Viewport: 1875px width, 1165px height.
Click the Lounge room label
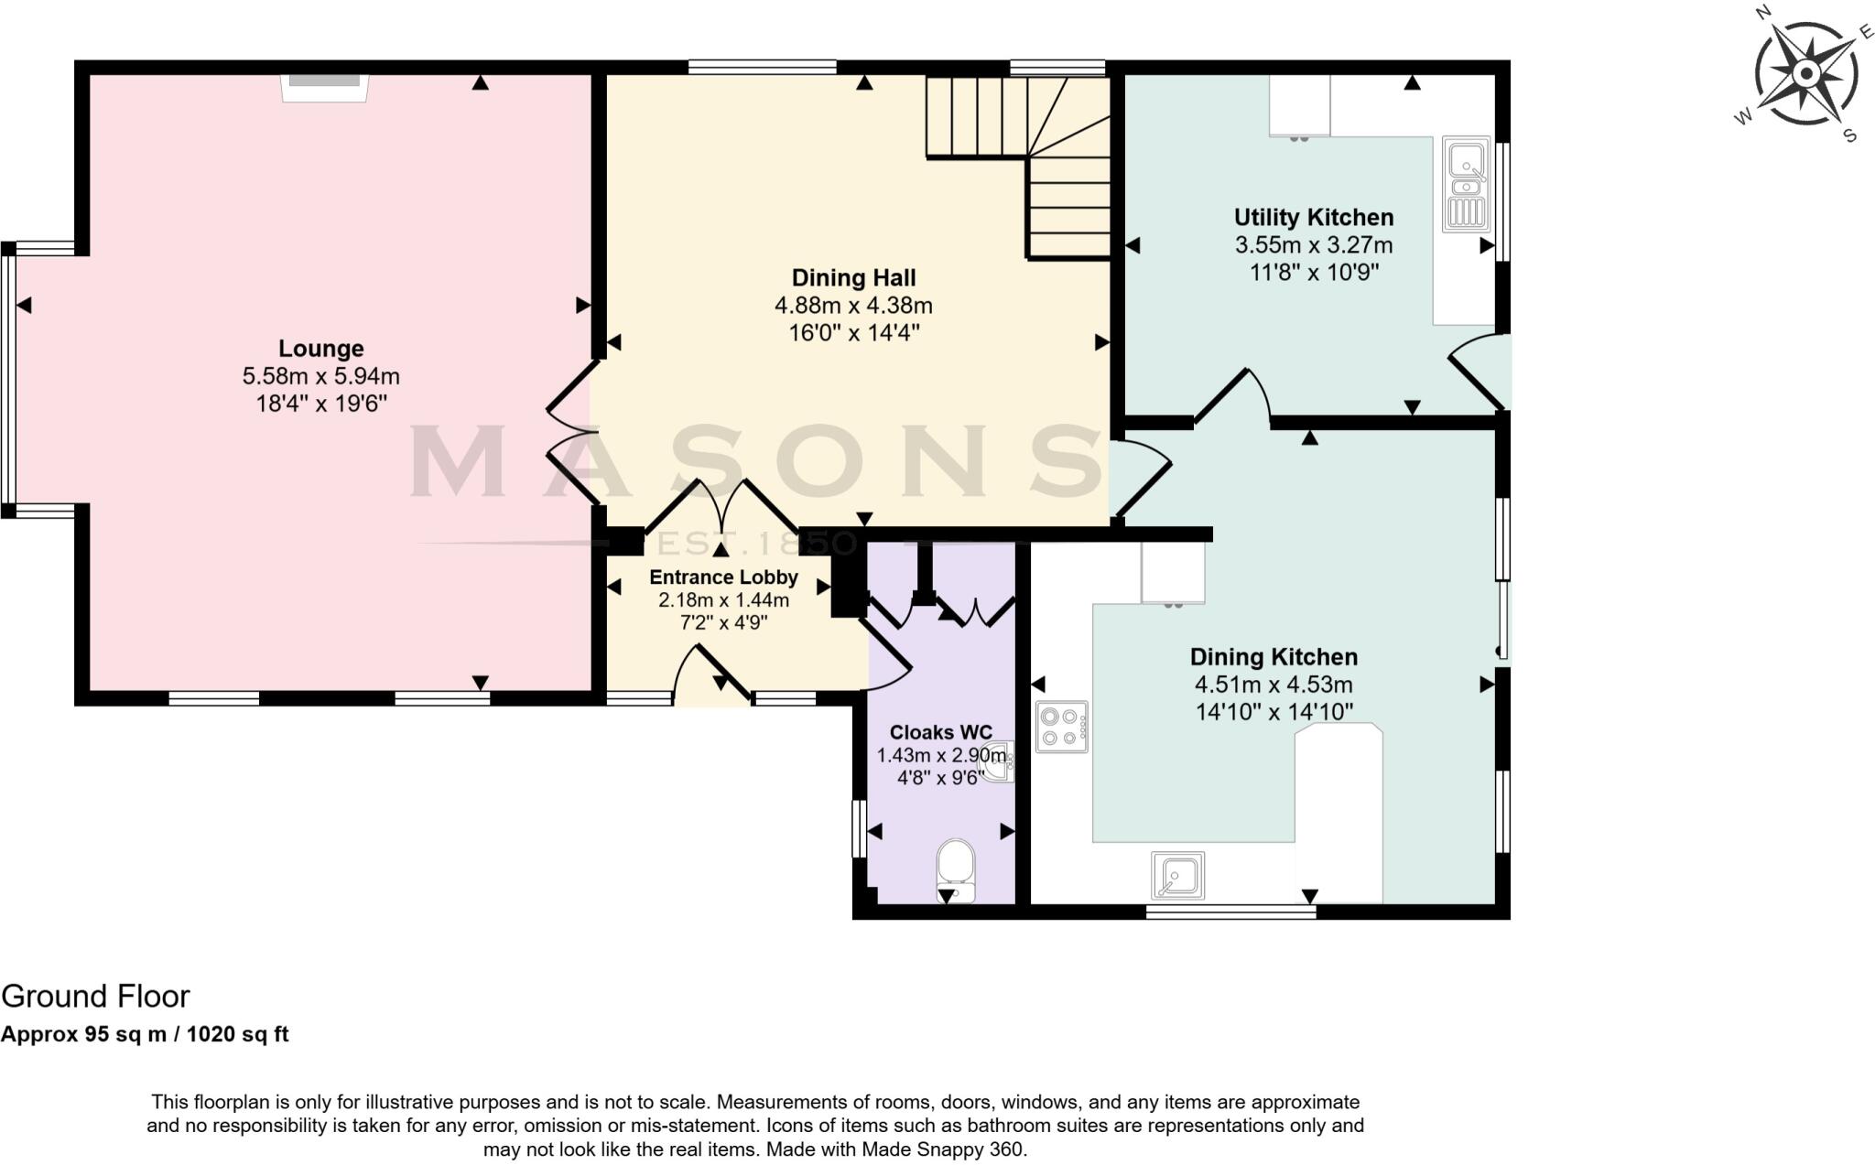[320, 348]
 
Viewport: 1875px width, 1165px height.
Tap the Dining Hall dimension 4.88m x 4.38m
[853, 306]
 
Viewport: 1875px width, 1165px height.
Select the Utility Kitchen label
[1314, 218]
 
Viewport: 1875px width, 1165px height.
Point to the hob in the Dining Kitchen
[1062, 727]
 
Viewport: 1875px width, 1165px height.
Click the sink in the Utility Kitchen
[1466, 182]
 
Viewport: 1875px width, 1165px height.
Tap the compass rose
[1805, 73]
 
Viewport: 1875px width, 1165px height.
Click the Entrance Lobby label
[723, 577]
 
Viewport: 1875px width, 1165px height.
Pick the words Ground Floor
[96, 996]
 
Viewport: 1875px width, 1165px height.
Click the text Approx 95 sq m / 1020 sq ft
[145, 1034]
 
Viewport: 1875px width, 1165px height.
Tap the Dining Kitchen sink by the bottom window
[1177, 876]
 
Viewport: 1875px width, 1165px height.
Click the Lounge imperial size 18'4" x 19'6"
[321, 404]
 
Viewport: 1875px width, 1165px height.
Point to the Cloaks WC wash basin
[999, 762]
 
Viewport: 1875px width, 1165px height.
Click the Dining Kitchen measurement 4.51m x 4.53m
[1273, 685]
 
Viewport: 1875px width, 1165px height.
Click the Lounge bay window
[9, 374]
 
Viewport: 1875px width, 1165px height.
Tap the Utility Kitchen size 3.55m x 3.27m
[1314, 245]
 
